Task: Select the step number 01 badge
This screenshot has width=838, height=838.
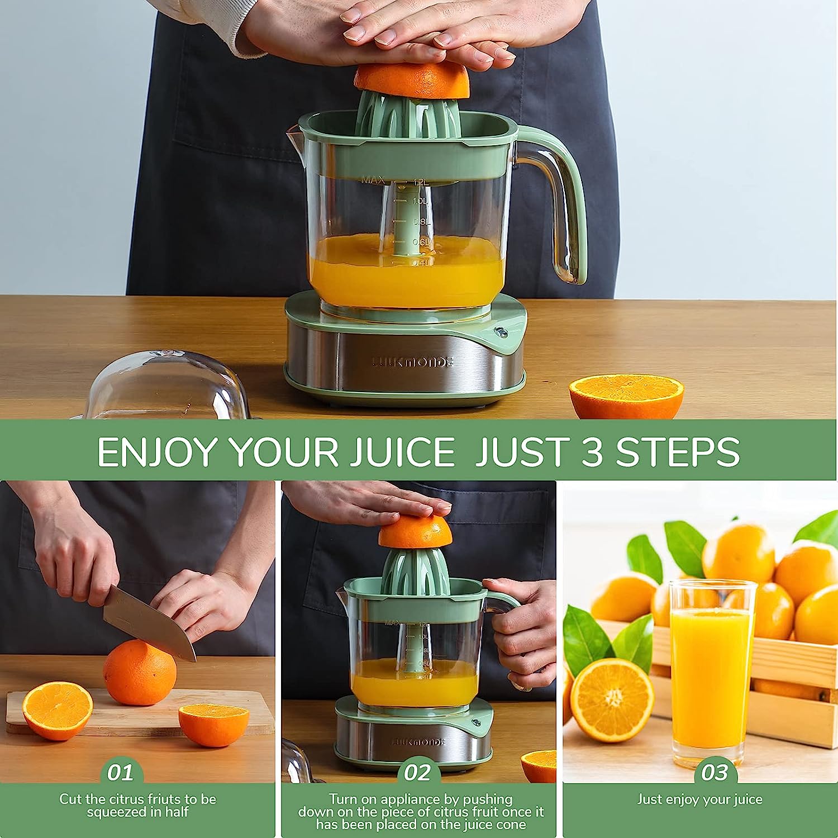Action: (121, 773)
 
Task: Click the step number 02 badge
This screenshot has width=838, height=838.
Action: (417, 773)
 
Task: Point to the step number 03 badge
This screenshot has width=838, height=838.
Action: (715, 773)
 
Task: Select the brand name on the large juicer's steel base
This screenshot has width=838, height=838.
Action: (413, 361)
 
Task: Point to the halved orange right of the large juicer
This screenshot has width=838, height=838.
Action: (626, 396)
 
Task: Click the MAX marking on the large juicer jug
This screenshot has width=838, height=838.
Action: (373, 180)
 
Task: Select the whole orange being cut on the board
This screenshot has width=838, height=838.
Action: (140, 673)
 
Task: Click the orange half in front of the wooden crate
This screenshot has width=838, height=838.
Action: (612, 701)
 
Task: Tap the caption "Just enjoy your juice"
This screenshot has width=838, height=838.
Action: (699, 799)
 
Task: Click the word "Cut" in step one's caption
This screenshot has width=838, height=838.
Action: (72, 799)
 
